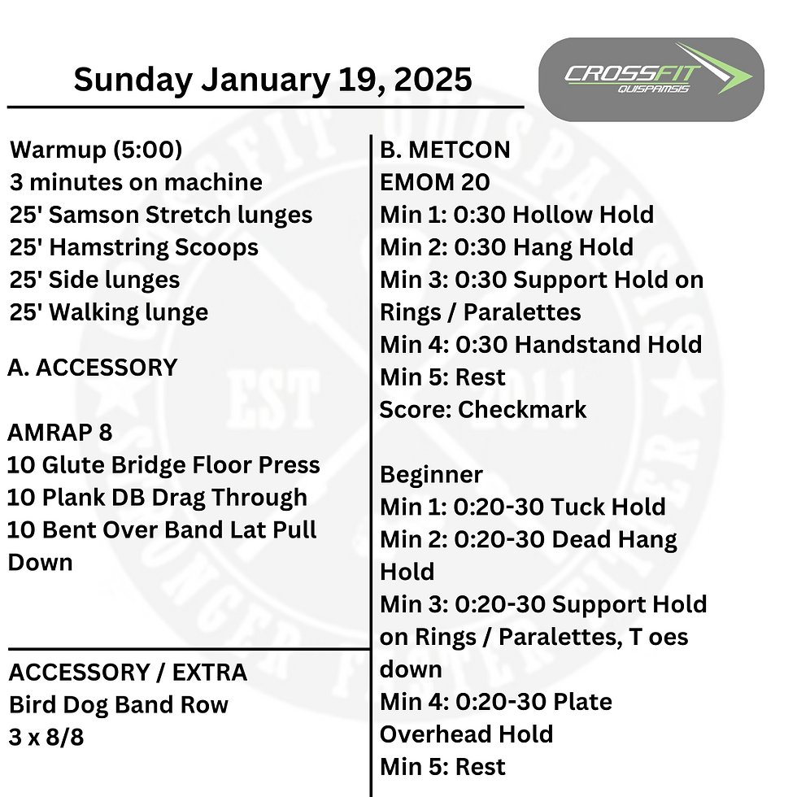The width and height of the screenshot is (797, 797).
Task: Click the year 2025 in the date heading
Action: pos(433,80)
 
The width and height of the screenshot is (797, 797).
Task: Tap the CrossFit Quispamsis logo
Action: pos(651,80)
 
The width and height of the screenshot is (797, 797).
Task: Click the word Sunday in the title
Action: pos(133,81)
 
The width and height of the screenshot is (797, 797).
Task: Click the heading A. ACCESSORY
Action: pos(93,368)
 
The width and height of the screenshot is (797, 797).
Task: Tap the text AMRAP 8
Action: pos(60,433)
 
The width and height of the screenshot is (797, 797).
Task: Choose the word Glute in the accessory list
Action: pos(72,465)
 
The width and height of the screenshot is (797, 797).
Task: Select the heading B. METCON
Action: pos(445,150)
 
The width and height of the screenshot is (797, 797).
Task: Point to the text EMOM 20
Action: pos(434,182)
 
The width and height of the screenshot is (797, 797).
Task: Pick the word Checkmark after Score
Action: pos(522,410)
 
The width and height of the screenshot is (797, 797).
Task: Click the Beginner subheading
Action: pos(431,475)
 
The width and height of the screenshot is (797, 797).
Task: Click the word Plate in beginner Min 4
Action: pos(582,702)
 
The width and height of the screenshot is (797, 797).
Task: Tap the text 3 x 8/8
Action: pos(46,738)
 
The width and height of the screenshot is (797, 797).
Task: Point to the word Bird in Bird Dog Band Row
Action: pos(32,705)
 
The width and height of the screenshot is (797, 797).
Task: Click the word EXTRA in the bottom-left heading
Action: pos(210,673)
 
